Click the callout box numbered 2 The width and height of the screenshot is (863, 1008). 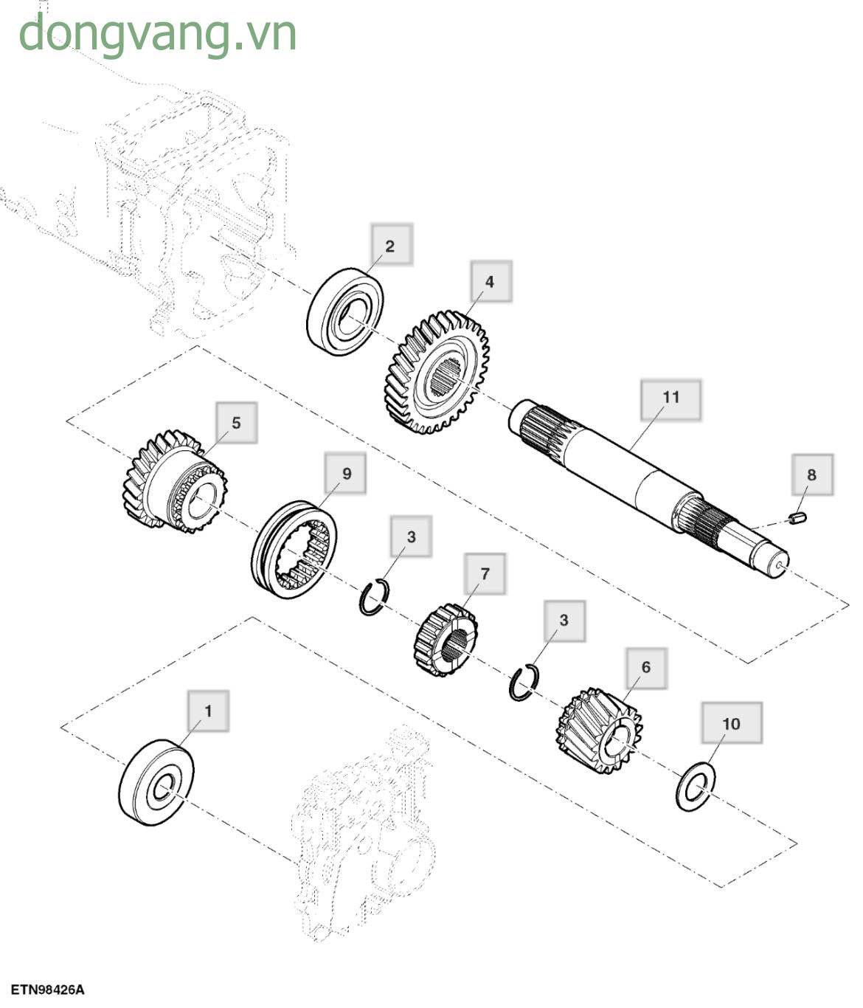pos(390,245)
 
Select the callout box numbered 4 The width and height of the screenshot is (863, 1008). pos(489,281)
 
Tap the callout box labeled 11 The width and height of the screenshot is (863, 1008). pos(670,398)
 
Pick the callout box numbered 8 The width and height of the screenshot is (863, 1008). pos(811,474)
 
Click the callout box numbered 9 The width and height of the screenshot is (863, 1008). pos(346,474)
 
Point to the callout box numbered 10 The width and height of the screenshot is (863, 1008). pos(730,723)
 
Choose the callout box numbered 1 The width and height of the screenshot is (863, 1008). pos(207,711)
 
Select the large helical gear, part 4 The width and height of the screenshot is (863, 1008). pos(437,372)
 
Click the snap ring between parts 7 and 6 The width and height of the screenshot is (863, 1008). pos(524,683)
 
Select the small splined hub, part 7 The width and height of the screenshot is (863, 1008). pos(446,640)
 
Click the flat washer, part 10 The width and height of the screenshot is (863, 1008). pos(696,788)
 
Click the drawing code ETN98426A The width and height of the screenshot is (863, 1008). pos(47,990)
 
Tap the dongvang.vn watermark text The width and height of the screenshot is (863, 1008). pos(157,33)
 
